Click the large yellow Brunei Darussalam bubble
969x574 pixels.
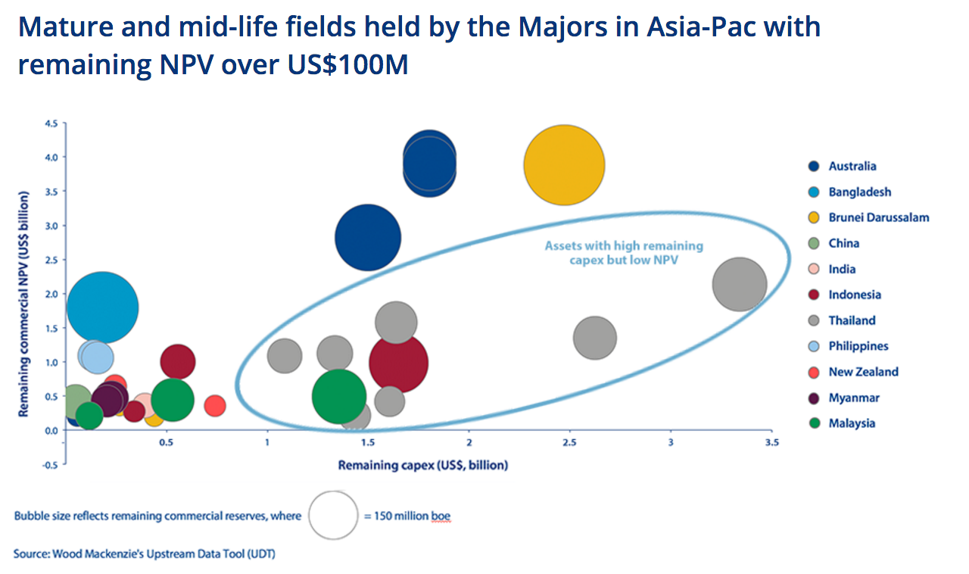point(564,165)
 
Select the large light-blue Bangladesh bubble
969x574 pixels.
point(102,307)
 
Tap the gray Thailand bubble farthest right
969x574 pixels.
point(740,284)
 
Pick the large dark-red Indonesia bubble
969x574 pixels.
point(398,363)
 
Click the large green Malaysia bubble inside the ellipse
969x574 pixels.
point(339,396)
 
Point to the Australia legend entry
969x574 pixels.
point(852,166)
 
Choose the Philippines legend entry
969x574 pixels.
point(858,346)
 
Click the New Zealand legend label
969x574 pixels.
point(863,372)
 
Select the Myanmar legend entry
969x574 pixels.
point(854,398)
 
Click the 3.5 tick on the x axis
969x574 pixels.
point(771,442)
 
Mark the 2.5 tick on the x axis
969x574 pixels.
point(569,442)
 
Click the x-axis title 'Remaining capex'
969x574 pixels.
point(422,465)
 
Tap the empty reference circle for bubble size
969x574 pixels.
point(333,516)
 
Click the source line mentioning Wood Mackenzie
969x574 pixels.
point(144,554)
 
